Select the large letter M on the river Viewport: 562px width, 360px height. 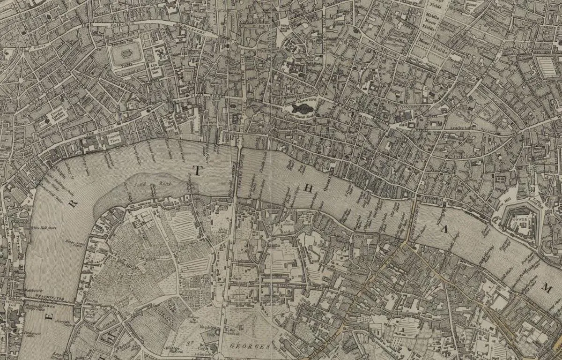[x=546, y=288]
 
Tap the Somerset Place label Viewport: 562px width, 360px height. [x=114, y=138]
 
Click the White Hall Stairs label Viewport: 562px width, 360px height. [x=44, y=228]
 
